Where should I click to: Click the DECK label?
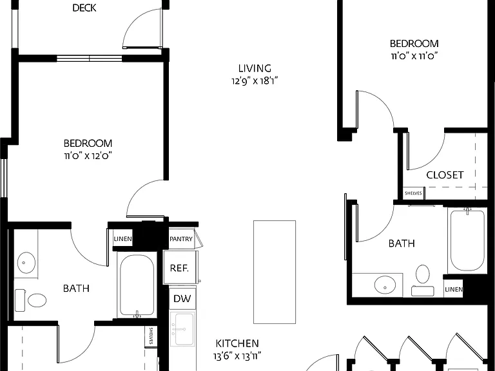pos(84,8)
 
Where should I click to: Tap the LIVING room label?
pos(255,68)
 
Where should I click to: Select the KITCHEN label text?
pos(237,343)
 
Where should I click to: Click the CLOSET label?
pos(445,175)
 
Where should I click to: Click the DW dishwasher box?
pos(182,298)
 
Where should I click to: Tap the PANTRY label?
pos(181,239)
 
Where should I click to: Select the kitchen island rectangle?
pos(275,272)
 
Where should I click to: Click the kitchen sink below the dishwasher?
pos(182,328)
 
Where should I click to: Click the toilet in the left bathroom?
pos(31,300)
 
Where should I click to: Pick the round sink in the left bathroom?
pos(26,263)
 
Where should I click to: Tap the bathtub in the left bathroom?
pos(137,285)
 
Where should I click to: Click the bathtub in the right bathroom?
pos(467,240)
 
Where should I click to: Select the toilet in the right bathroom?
pos(423,280)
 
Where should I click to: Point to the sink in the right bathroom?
pos(385,285)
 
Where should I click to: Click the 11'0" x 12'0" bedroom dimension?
pos(88,156)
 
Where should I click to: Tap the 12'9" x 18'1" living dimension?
pos(255,81)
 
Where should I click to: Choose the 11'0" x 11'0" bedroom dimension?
pos(414,56)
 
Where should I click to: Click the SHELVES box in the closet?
pos(414,193)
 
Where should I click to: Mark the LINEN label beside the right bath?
pos(454,289)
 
